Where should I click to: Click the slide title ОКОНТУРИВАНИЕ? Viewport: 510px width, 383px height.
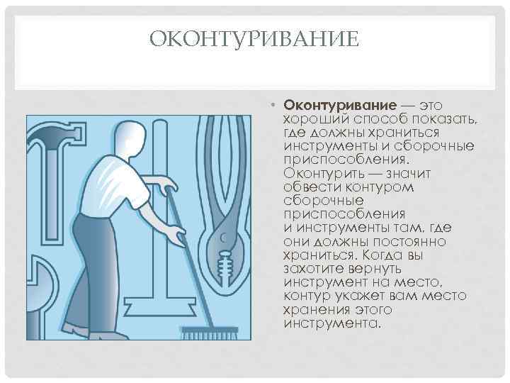[254, 40]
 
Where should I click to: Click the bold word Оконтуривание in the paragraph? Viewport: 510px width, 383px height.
[340, 106]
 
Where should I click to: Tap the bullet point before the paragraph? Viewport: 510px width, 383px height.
[273, 105]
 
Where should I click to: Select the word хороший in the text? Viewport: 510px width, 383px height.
[316, 120]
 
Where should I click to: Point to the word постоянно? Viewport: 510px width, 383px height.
[409, 242]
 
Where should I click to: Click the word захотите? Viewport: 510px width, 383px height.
[314, 269]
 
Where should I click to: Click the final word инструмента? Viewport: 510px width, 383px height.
[331, 323]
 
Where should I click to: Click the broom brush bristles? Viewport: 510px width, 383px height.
[210, 333]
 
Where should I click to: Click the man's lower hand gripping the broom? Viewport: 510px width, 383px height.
[176, 235]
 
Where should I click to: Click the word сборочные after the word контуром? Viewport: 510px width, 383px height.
[323, 201]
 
